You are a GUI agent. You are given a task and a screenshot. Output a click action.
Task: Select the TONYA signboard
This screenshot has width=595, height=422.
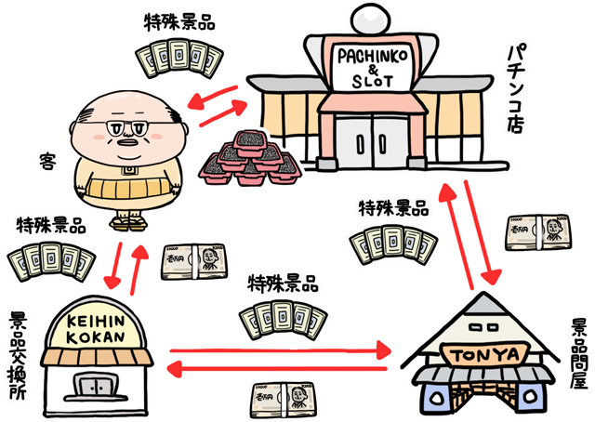click(x=481, y=354)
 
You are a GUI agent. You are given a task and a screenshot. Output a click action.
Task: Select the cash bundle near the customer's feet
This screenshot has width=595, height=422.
click(x=192, y=261)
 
